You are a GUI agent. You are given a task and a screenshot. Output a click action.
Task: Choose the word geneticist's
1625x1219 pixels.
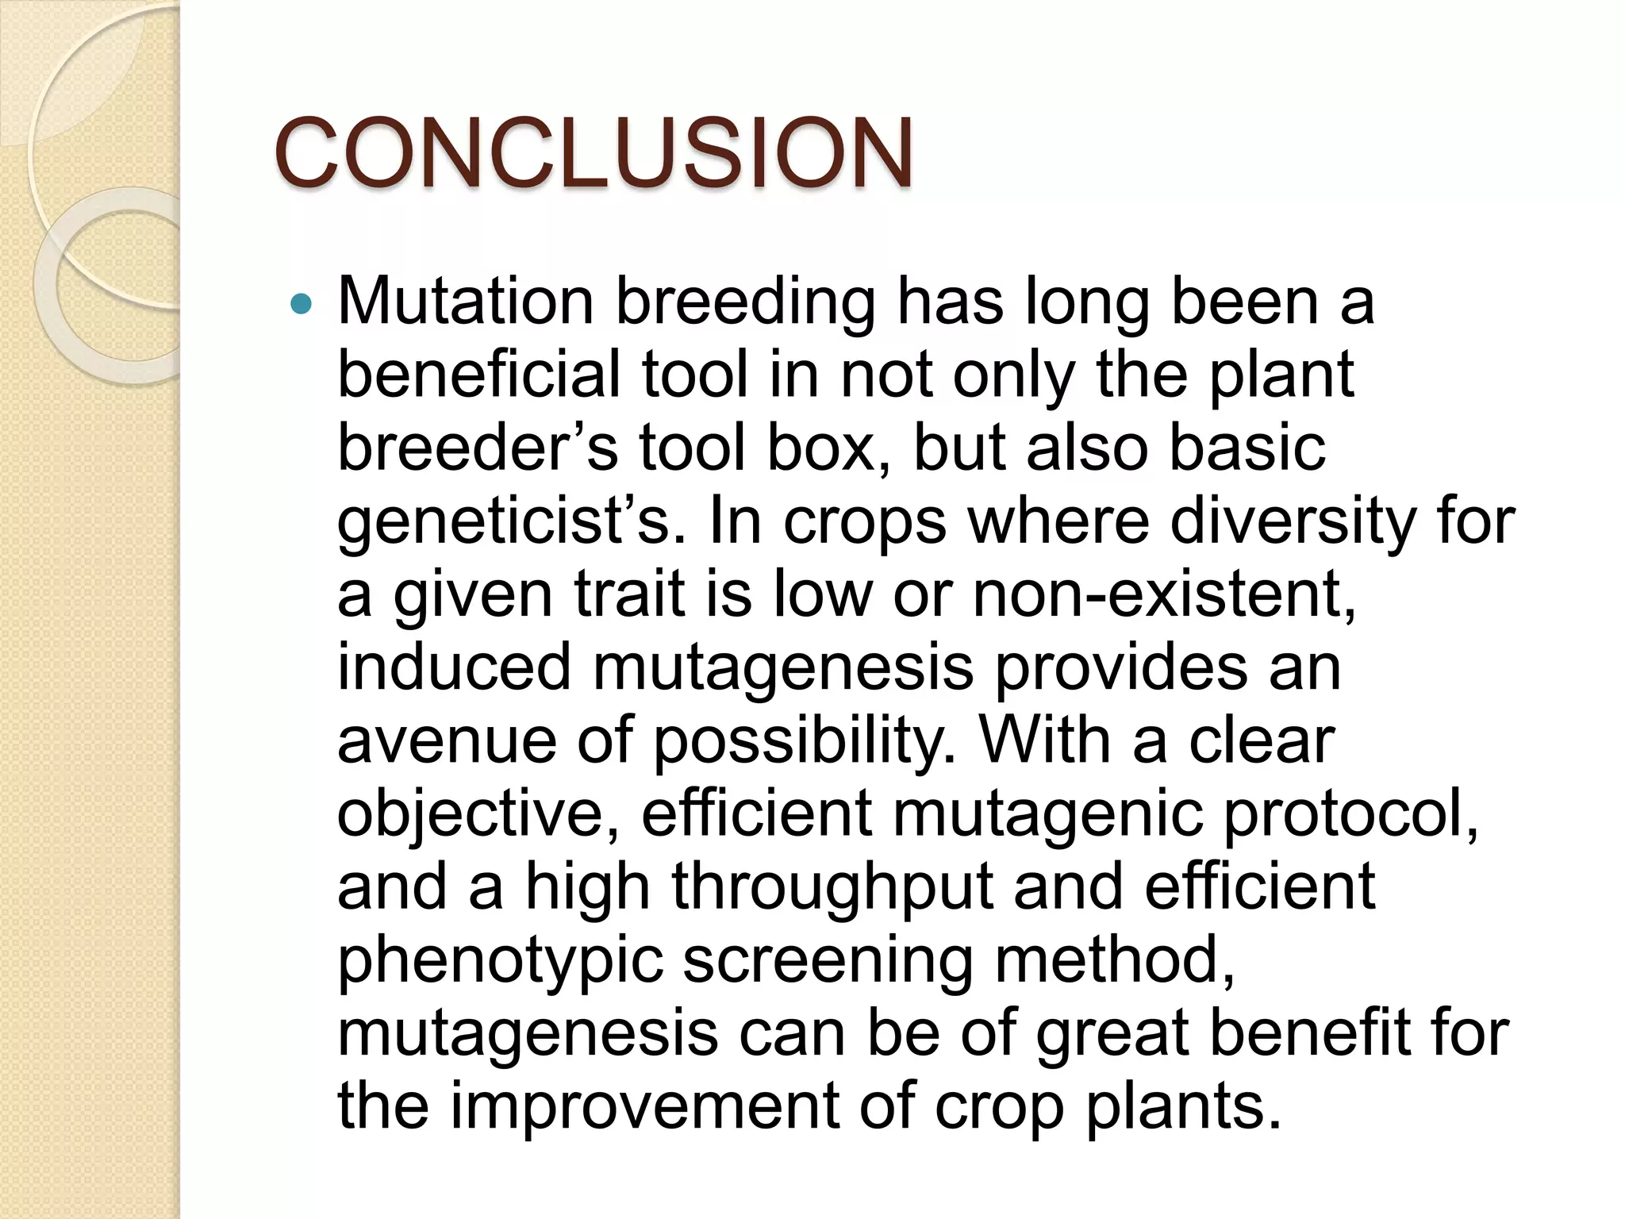[x=512, y=524]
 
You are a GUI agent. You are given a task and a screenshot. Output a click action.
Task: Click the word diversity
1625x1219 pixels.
[x=1293, y=524]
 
